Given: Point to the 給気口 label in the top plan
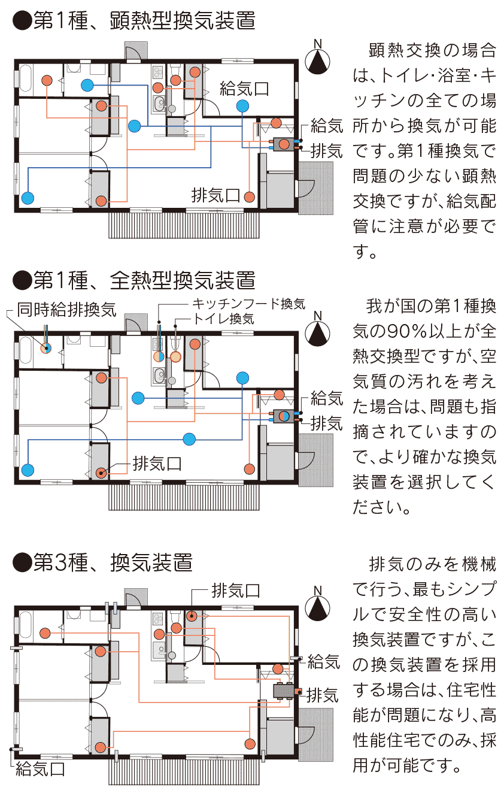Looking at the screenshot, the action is (x=244, y=89).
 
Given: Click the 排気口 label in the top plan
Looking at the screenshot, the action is (x=215, y=195).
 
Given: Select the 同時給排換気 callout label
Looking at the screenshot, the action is (x=67, y=310).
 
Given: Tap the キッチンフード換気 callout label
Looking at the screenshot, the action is (x=248, y=304).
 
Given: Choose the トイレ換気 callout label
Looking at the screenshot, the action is (x=223, y=319).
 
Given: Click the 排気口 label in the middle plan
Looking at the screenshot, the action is (x=157, y=464).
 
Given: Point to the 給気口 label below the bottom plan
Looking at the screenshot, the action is (x=40, y=769).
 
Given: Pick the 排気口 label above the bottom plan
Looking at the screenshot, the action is (x=236, y=591).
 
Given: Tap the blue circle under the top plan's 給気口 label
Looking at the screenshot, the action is (x=242, y=106).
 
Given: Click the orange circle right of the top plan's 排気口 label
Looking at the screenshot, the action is (x=250, y=196).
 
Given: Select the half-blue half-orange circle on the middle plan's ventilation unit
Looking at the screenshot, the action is (x=284, y=416).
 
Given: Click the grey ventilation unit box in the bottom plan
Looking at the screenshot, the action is (x=284, y=691).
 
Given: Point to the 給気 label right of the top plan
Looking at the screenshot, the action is (x=327, y=126).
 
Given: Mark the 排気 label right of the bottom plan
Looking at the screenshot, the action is (x=322, y=695).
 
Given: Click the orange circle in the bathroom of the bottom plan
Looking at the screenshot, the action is (x=45, y=633).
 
